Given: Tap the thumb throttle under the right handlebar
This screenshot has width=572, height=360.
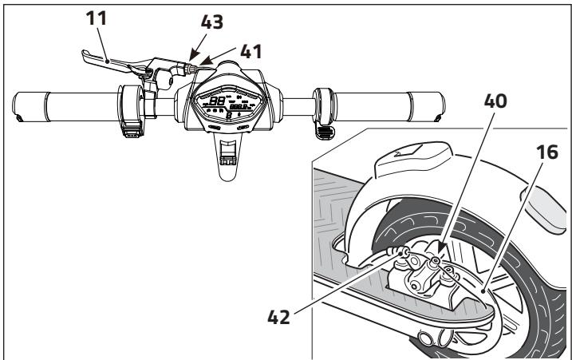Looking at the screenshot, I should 325,130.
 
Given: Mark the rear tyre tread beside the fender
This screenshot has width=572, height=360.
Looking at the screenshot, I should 550,303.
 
